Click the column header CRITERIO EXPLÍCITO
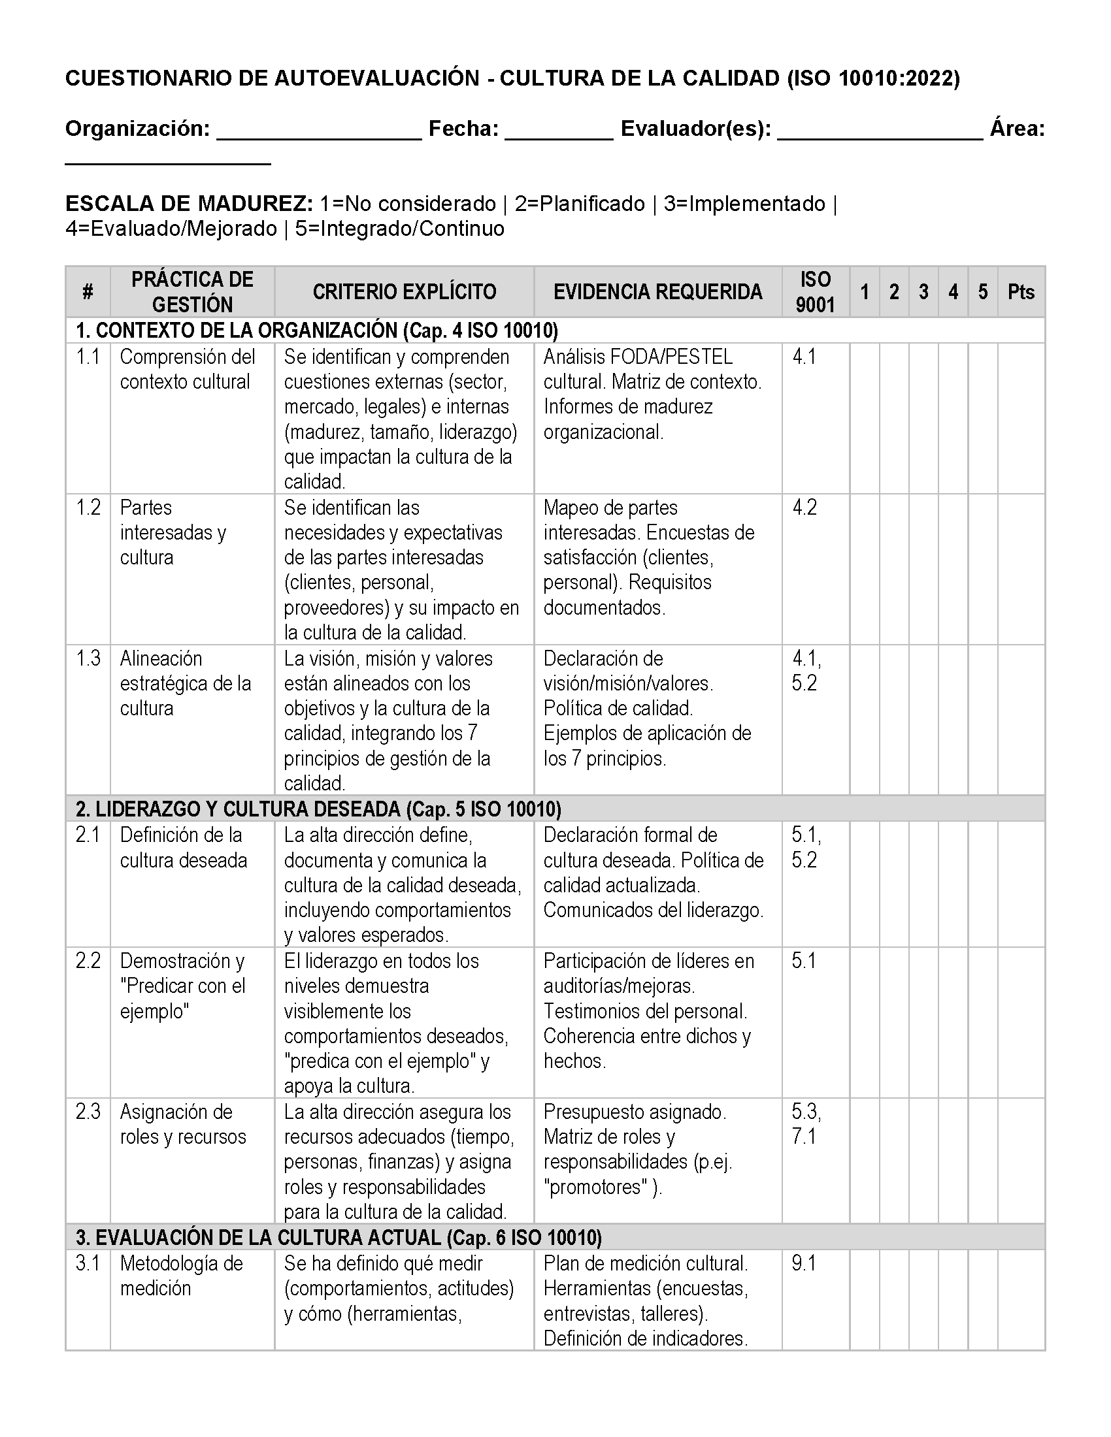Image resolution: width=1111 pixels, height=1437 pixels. pyautogui.click(x=404, y=291)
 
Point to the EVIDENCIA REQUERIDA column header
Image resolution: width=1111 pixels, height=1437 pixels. pyautogui.click(x=657, y=291)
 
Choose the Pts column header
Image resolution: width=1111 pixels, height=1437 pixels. pyautogui.click(x=1021, y=291)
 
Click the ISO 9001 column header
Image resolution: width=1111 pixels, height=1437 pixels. pyautogui.click(x=815, y=291)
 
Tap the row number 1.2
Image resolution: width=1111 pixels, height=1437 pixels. pyautogui.click(x=88, y=508)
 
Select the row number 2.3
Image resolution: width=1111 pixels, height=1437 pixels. pyautogui.click(x=88, y=1111)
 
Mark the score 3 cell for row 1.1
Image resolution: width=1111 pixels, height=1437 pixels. pyautogui.click(x=923, y=418)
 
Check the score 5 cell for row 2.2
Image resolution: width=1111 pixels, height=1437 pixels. pyautogui.click(x=983, y=1022)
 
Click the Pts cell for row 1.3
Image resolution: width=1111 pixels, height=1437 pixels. pyautogui.click(x=1021, y=719)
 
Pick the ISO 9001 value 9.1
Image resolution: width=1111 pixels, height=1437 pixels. pyautogui.click(x=804, y=1263)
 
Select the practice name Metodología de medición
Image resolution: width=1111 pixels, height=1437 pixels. pyautogui.click(x=182, y=1275)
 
